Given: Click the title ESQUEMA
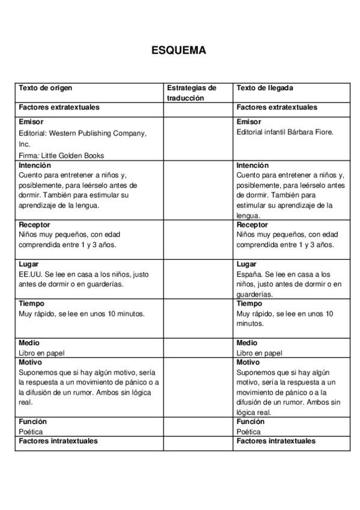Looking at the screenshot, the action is point(179,51).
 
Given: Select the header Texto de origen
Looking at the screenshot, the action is point(46,88).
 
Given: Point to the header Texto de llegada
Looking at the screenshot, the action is point(265,88).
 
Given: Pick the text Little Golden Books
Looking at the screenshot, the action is point(74,155).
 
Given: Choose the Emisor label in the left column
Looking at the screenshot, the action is point(31,122).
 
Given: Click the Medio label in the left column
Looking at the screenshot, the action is point(29,343).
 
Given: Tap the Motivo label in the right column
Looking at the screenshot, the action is point(248,363).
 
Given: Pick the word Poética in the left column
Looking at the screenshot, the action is point(31,431).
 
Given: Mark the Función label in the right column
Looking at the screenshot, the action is point(251,422).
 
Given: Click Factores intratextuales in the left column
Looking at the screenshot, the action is point(58,441).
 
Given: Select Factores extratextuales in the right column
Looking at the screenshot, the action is point(277,107).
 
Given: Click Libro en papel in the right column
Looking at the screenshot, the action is point(259,353).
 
